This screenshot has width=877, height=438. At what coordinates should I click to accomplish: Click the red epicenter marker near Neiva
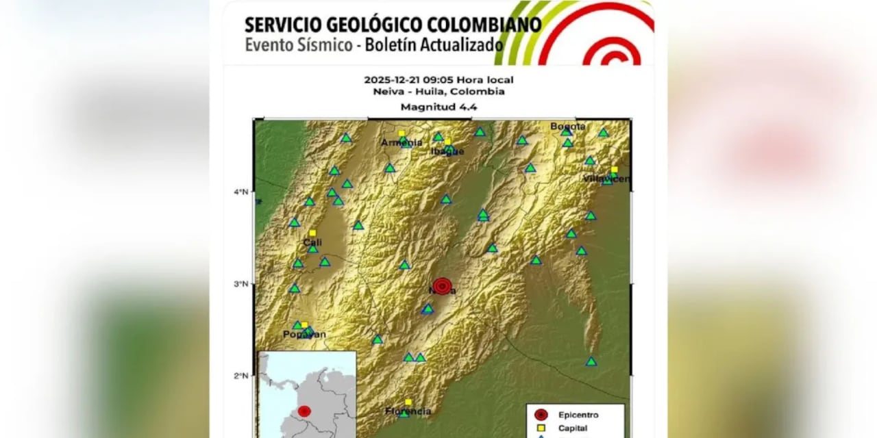443,285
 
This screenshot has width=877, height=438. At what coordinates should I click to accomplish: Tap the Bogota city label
568,127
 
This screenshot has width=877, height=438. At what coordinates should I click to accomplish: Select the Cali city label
312,242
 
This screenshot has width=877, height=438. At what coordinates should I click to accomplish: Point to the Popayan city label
305,335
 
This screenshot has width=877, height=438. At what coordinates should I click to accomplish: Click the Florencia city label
408,411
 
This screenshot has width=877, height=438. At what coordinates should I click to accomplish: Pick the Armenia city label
402,142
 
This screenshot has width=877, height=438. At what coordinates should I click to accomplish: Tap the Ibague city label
447,151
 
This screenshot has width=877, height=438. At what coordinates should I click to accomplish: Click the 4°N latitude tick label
240,192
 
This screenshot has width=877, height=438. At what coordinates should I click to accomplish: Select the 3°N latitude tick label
240,284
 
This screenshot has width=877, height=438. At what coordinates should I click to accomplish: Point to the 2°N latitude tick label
240,376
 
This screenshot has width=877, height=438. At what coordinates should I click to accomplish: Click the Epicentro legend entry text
578,415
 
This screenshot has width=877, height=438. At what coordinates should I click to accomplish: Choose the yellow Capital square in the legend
541,428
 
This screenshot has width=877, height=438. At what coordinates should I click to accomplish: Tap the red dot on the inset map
304,411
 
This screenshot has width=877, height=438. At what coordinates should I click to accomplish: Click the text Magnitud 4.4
438,107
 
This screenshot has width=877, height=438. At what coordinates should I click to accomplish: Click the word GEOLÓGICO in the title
367,25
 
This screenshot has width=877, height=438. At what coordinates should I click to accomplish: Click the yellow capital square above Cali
312,233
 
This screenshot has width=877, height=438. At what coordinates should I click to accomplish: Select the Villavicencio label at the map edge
606,179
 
